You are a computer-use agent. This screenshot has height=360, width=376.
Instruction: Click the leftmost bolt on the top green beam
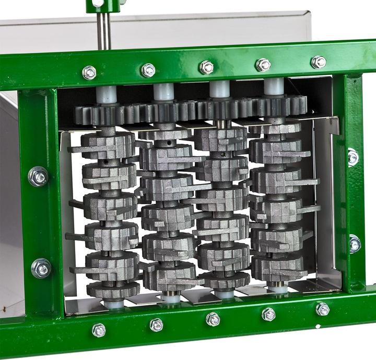(x=89, y=72)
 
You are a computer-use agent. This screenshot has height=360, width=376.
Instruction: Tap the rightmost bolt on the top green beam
(x=319, y=62)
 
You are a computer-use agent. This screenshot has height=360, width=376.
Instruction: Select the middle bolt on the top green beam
(x=207, y=67)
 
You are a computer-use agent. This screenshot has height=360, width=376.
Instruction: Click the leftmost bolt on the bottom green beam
(x=99, y=330)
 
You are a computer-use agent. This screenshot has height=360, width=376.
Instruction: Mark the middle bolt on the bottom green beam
(x=213, y=319)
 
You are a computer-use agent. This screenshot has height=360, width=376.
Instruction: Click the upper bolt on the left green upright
(x=39, y=176)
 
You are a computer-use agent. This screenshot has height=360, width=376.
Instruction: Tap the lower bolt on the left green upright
(x=41, y=268)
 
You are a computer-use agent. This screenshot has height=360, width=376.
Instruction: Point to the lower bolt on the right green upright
(x=355, y=243)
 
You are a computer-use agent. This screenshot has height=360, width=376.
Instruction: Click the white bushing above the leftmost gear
(x=106, y=95)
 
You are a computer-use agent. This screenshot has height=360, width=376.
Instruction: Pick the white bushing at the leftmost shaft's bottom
(x=114, y=303)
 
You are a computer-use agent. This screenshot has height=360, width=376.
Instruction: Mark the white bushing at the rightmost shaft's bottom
(x=277, y=288)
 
